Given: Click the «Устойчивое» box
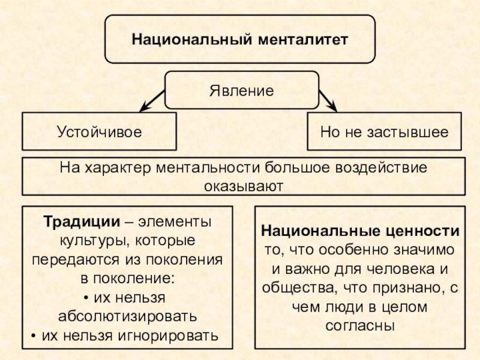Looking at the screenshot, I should [x=100, y=131].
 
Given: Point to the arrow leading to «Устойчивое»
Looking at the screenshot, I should [x=152, y=100].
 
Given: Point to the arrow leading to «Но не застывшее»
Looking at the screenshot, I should [x=327, y=100].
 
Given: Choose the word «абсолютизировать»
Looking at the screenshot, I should [x=127, y=316].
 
